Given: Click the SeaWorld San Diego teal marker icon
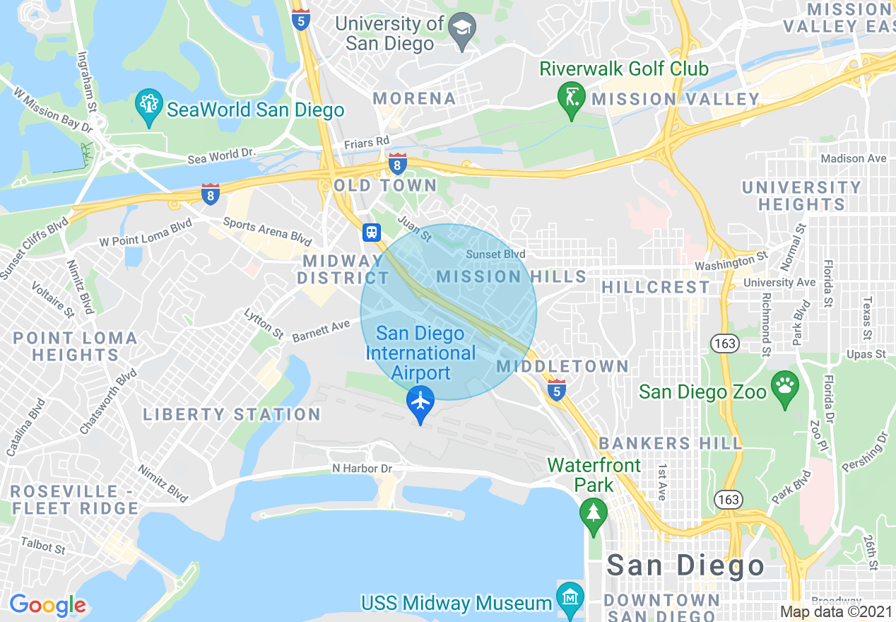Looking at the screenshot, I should click(x=148, y=107).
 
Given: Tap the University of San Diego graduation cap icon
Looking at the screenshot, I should click(x=463, y=31).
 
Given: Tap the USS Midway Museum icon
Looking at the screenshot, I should click(x=570, y=598).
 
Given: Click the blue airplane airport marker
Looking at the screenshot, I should click(x=420, y=402).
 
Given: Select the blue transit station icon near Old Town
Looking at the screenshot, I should click(x=372, y=232).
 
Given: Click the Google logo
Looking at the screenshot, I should click(x=47, y=605).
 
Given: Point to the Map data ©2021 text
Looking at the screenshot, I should click(x=836, y=612).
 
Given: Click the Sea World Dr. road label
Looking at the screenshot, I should click(x=221, y=155).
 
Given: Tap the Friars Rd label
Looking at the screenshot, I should click(x=367, y=143).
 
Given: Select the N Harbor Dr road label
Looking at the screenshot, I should click(x=362, y=469).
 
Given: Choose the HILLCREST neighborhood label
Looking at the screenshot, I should click(x=655, y=287).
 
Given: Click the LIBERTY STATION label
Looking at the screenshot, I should click(x=232, y=415).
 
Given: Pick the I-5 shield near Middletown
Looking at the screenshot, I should click(x=557, y=389).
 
